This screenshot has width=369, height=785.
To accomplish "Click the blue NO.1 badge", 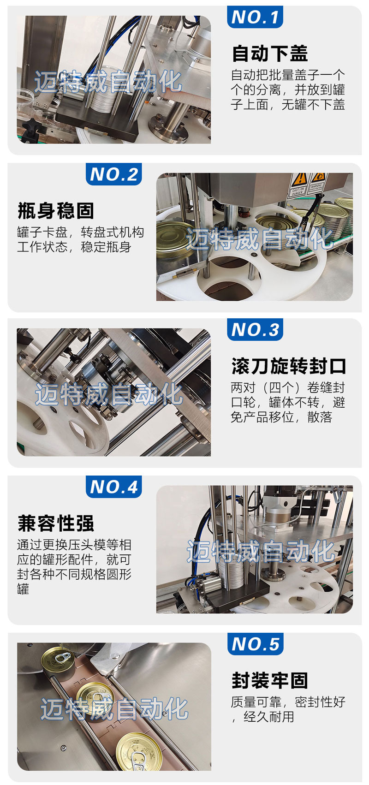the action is click(x=255, y=17).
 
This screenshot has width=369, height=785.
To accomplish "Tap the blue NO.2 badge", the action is click(x=113, y=174).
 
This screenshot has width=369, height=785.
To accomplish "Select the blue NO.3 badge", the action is click(x=255, y=329).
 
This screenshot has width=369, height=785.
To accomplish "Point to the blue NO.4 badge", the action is click(x=113, y=487).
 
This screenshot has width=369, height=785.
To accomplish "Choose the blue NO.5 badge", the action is click(x=255, y=644).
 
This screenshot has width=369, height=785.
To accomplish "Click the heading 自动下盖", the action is click(x=270, y=54).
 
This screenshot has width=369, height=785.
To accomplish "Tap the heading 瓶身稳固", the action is click(x=56, y=211).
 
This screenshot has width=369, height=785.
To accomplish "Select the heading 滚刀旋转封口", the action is click(x=289, y=366).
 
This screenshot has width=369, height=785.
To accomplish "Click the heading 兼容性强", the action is click(x=56, y=523).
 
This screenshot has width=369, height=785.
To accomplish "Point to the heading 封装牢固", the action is click(x=270, y=681).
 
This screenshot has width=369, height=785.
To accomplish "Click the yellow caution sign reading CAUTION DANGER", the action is click(x=298, y=184).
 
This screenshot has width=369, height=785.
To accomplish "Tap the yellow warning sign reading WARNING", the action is click(x=317, y=182).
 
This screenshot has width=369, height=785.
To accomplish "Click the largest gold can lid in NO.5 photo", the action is click(x=139, y=750).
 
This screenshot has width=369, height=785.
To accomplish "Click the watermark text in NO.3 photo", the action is click(x=109, y=394).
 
